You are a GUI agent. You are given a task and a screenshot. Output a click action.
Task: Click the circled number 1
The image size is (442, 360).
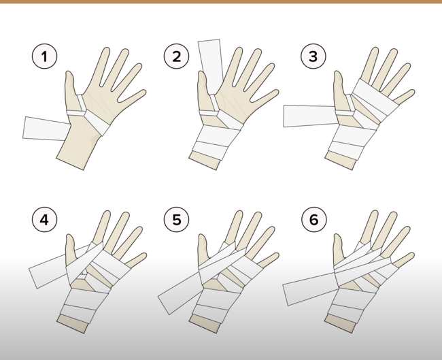coord(44,56)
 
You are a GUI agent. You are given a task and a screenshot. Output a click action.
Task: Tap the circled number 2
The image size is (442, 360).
coord(177,56)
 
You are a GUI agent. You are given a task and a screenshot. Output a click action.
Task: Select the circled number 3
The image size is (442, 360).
coord(313,56)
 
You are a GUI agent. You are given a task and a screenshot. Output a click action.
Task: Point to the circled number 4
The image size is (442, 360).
coord(44,219)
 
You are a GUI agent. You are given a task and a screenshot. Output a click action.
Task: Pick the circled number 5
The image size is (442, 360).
coord(177,219)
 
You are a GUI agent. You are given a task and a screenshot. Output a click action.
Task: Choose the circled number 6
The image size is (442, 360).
coord(314,219)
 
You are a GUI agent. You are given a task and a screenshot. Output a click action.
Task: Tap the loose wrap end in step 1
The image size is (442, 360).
coord(45,129)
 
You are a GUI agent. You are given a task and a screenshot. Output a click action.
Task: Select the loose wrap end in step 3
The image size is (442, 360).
coord(310,116)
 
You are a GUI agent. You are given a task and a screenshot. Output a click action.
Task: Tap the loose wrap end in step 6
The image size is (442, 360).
coord(309,289)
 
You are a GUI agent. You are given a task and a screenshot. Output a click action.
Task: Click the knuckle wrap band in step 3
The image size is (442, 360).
coord(375,97)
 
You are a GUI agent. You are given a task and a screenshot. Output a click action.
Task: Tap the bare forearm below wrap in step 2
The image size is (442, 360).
coord(205,160)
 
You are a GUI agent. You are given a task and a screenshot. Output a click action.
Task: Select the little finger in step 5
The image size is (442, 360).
coord(268,260)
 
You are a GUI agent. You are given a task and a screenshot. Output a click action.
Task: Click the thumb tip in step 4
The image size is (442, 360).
coord(69,236)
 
